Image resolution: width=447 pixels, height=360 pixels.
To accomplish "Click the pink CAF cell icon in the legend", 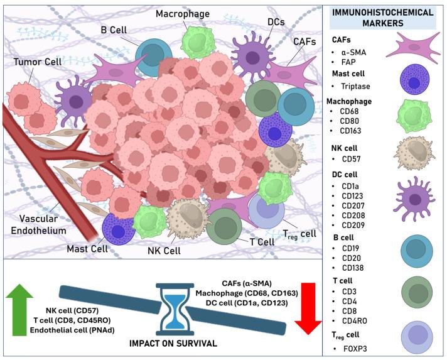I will [412, 48].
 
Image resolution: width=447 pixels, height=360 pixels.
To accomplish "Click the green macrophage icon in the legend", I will [414, 119].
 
